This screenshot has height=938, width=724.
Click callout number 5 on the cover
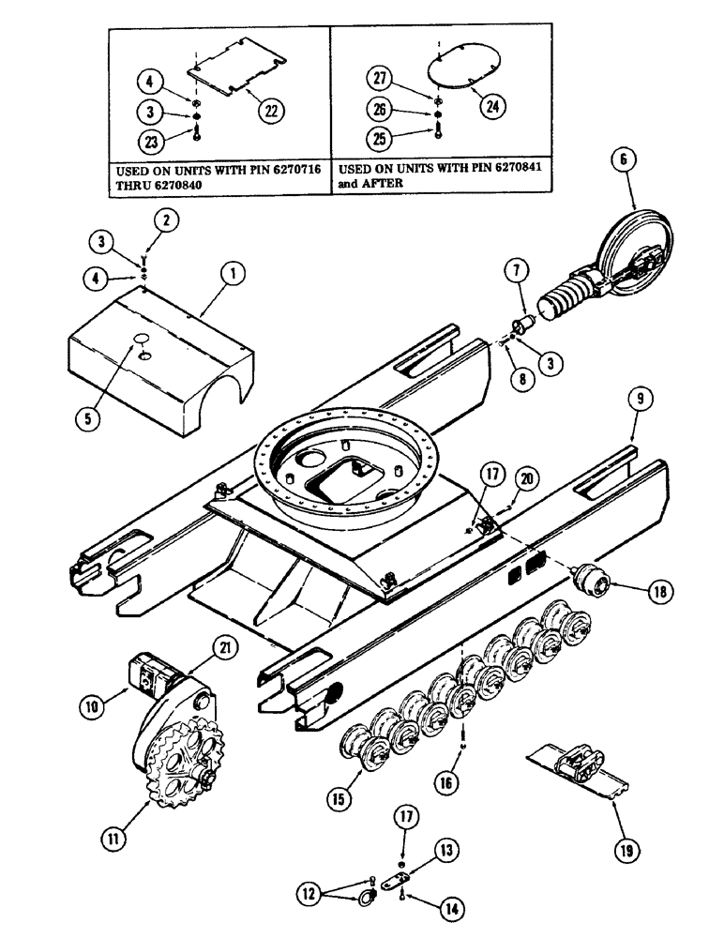pyautogui.click(x=88, y=419)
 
